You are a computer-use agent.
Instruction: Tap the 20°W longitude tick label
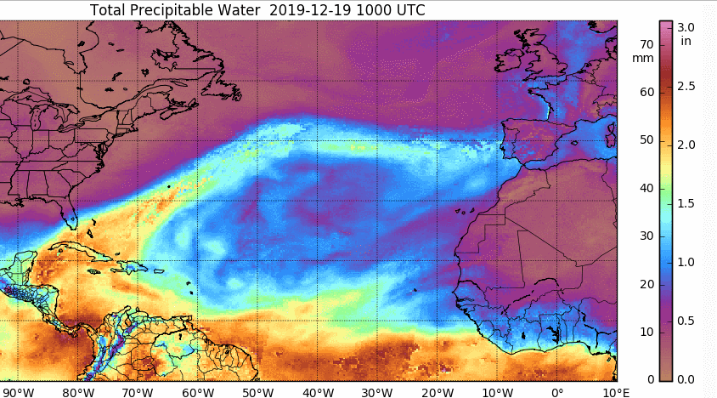(x=437, y=391)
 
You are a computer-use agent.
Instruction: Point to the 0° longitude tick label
(x=557, y=391)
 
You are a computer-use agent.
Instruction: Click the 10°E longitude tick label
(x=615, y=391)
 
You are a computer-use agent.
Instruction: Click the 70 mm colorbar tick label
(x=646, y=43)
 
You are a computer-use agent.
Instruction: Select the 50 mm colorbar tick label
(x=646, y=139)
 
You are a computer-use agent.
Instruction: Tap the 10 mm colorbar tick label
(x=646, y=331)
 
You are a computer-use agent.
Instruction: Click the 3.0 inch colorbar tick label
(x=686, y=26)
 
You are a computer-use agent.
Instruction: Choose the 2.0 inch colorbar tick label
(x=686, y=145)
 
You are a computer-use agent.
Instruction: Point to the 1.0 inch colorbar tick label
(x=686, y=262)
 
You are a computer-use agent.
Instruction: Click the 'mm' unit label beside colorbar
(x=643, y=58)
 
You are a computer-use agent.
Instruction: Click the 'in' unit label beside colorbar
(x=686, y=40)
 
